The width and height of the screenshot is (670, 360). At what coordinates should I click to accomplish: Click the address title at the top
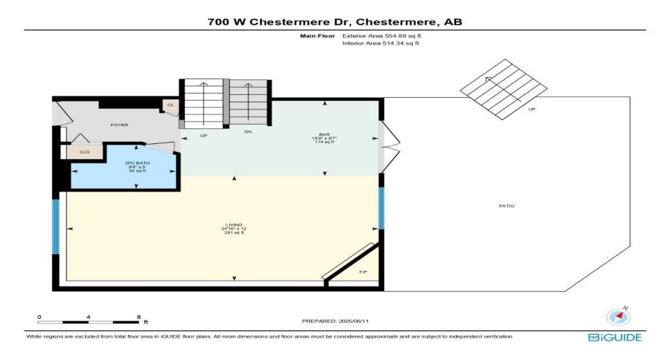pyautogui.click(x=334, y=22)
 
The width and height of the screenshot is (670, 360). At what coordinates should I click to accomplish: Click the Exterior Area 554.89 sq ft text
pyautogui.click(x=382, y=35)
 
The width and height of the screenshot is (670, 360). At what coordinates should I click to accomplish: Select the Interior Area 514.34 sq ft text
pyautogui.click(x=380, y=44)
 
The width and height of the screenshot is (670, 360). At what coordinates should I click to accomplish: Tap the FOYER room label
pyautogui.click(x=119, y=125)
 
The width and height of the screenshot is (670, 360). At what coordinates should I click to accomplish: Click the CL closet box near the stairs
pyautogui.click(x=171, y=105)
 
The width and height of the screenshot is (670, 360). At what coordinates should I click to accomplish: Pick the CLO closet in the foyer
pyautogui.click(x=84, y=152)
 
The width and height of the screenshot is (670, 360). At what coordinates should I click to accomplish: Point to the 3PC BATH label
pyautogui.click(x=137, y=167)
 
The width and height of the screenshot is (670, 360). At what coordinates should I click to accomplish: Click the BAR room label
pyautogui.click(x=326, y=135)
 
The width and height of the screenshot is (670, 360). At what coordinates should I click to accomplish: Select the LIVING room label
pyautogui.click(x=233, y=225)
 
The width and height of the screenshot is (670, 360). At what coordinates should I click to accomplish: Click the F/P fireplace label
pyautogui.click(x=362, y=271)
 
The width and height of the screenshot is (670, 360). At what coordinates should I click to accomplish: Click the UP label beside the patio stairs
pyautogui.click(x=532, y=110)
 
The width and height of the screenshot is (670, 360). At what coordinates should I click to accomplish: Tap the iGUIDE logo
pyautogui.click(x=614, y=337)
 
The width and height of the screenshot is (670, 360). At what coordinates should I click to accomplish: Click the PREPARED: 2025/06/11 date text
pyautogui.click(x=334, y=320)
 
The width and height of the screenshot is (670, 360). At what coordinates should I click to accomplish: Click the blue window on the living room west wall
pyautogui.click(x=55, y=226)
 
